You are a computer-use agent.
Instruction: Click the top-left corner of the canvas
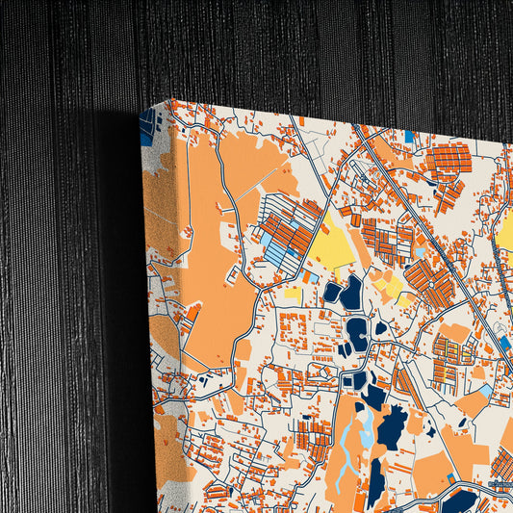tap(170, 101)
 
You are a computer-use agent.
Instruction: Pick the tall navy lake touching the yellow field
tap(352, 292)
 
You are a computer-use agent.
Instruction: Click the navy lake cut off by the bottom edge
tap(459, 501)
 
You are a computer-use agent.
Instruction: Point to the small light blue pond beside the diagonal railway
tap(420, 253)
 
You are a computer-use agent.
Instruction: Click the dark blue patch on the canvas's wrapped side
tap(146, 128)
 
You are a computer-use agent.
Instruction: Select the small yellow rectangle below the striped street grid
tap(293, 292)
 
